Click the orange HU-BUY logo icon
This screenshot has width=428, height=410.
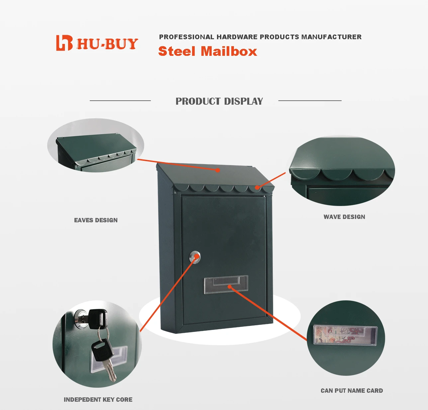click(x=64, y=43)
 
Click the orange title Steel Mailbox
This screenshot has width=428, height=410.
click(x=207, y=51)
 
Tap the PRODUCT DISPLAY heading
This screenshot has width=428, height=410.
click(x=219, y=101)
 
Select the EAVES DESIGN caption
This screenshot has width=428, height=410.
click(x=96, y=220)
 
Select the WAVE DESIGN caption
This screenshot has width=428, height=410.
click(x=344, y=217)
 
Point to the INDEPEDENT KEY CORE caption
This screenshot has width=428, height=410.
click(x=98, y=399)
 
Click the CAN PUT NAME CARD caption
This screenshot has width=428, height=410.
click(x=352, y=390)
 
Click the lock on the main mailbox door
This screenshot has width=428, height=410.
click(x=195, y=257)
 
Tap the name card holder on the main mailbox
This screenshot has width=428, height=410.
click(x=226, y=284)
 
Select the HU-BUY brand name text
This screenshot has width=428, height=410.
click(x=107, y=44)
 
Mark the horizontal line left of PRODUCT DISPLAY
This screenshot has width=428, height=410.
click(x=120, y=100)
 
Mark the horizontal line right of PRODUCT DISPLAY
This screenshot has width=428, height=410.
click(x=310, y=100)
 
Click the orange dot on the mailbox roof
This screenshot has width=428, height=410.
click(x=218, y=170)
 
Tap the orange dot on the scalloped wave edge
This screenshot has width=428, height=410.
click(x=257, y=188)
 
